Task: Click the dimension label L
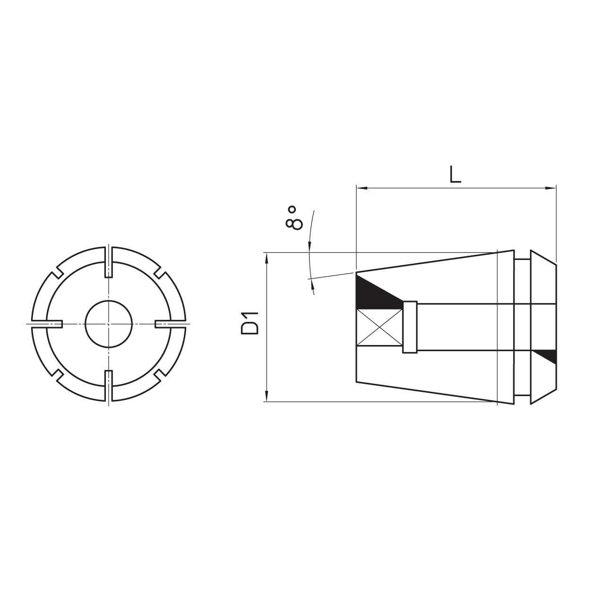pos(455,174)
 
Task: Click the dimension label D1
pos(250,323)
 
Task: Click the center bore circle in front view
pos(109,324)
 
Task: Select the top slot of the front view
pos(109,261)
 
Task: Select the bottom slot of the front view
pos(109,386)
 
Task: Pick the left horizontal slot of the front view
pos(47,324)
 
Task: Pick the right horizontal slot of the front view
pos(171,324)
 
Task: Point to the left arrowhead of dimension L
pos(361,188)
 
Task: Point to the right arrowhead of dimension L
pos(552,188)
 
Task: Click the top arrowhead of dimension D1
pos(268,258)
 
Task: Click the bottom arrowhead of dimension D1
pos(268,397)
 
